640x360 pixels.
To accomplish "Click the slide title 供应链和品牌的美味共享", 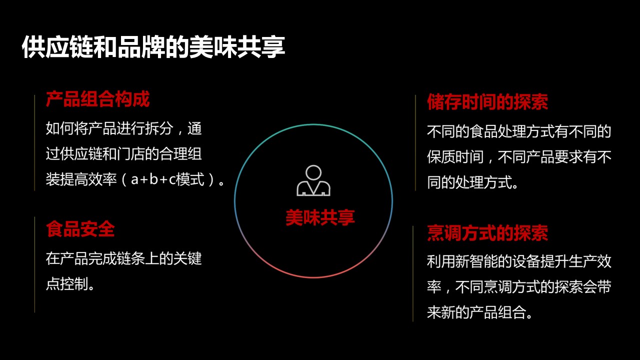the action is pos(153,47).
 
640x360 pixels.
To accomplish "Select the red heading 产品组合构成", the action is pos(97,99).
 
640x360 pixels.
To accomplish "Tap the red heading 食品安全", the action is pos(80,229).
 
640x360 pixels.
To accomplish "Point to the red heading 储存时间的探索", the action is pos(487,101).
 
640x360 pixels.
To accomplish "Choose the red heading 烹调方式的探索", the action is pos(487,233).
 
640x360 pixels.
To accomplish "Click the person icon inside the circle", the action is pos(313,180).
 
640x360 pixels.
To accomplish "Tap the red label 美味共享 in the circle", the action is pos(320,217).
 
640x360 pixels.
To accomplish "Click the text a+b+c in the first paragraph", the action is pos(153,179).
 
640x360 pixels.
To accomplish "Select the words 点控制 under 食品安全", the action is pos(67,284).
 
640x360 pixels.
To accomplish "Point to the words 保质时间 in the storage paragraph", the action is pos(455,157).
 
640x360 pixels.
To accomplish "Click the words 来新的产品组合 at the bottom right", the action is pos(476,312).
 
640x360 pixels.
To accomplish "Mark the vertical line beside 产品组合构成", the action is pos(34,142).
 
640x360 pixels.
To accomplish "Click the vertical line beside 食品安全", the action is pos(34,264).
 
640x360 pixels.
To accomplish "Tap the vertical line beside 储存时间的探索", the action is pos(415,142).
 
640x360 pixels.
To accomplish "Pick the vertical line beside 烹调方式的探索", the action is pos(413,273).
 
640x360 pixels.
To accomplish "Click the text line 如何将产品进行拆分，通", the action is pos(123,128).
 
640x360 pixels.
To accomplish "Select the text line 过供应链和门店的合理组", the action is pos(123,154).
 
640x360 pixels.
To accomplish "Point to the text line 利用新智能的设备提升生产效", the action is pos(519,261).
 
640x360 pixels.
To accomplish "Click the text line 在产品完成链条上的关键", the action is pos(123,258).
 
